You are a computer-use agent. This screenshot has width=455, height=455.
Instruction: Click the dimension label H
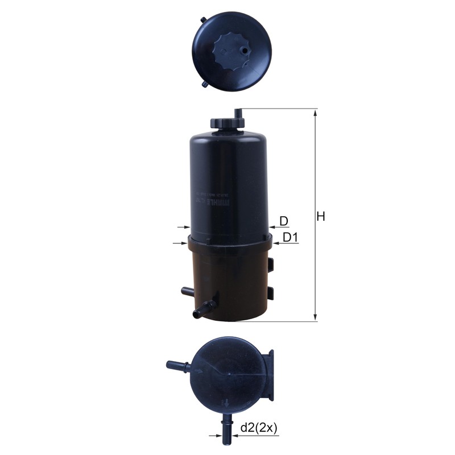click(321, 217)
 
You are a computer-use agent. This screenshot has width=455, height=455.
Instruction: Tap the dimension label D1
click(291, 237)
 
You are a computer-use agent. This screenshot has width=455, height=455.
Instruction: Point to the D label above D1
click(284, 221)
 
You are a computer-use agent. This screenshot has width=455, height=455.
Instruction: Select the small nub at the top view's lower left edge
click(205, 84)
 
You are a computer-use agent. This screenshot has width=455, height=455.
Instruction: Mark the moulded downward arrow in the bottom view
click(227, 404)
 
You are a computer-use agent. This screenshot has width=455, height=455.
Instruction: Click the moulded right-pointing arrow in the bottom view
click(200, 371)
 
